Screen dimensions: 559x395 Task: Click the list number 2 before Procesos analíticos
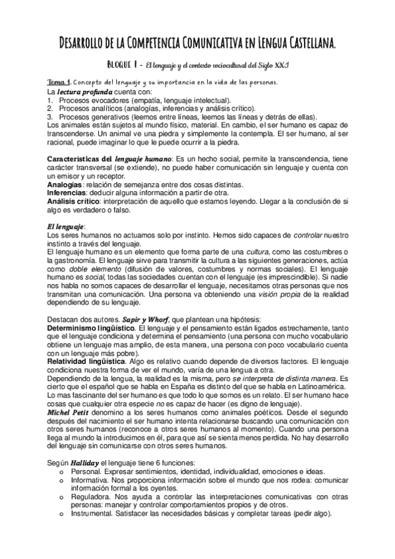[x=49, y=107]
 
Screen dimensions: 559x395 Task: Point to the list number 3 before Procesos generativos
[x=49, y=116]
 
